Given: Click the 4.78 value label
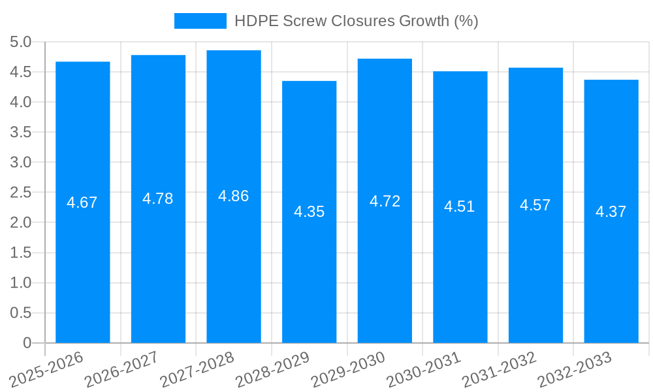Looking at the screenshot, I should (158, 199).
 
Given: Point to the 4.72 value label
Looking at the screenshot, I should (385, 201).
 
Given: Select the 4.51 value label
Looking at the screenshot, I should (460, 207).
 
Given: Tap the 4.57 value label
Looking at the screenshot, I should (535, 205).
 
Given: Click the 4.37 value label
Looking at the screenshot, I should (611, 212).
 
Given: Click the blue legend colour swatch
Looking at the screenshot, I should (200, 21).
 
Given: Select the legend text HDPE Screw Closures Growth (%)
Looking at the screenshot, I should (356, 21).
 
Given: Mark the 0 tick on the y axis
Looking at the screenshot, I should (27, 343).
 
